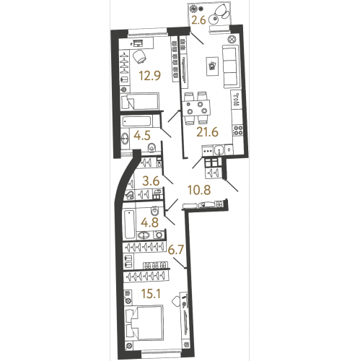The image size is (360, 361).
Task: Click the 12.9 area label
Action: (x=150, y=76)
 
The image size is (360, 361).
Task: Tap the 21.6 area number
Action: (x=207, y=132)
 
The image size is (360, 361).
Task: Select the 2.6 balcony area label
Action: (x=198, y=19)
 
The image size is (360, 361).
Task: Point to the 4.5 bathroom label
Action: (x=142, y=136)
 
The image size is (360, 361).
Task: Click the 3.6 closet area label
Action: (x=151, y=181)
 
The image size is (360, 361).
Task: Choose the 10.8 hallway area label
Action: (x=199, y=190)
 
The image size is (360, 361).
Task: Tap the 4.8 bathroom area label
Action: (x=149, y=222)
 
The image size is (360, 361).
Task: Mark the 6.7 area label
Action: (x=176, y=250)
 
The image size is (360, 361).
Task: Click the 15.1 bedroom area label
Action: (x=151, y=294)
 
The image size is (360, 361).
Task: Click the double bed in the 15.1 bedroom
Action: (x=144, y=323)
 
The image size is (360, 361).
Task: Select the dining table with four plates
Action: (x=196, y=108)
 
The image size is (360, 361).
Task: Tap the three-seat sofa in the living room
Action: (x=229, y=66)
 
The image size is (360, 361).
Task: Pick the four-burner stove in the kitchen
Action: (x=238, y=131)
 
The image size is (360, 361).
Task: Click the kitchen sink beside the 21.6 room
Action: (x=219, y=150)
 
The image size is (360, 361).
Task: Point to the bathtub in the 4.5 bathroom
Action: (x=137, y=121)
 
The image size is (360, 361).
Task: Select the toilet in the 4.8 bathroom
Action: (x=154, y=211)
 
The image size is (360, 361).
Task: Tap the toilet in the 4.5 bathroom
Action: (x=152, y=147)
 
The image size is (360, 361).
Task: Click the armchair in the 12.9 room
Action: (x=139, y=57)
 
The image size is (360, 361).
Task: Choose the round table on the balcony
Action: (x=213, y=19)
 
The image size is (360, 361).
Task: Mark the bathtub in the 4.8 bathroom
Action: (x=130, y=224)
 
